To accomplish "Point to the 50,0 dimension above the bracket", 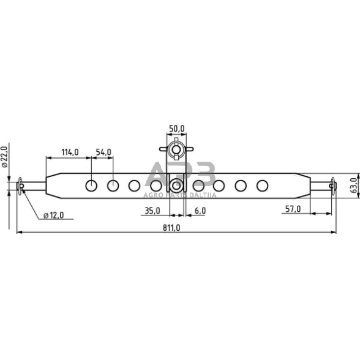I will [176, 129].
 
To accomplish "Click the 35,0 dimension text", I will [151, 210].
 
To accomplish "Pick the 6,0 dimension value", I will [200, 210].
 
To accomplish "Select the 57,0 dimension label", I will [293, 209].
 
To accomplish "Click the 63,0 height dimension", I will [353, 184].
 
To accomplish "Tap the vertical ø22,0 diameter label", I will [4, 157].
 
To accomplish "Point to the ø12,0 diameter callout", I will [55, 215].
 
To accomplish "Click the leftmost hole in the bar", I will [91, 186].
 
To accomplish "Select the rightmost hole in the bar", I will [262, 186].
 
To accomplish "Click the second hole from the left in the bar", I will [113, 186].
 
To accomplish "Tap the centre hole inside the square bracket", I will [176, 186].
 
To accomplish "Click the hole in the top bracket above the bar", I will [176, 149].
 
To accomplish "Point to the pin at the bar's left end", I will [21, 186].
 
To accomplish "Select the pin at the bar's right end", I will [332, 186].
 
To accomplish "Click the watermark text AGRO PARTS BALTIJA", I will [180, 195].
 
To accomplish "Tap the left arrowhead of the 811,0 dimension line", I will [18, 233].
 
